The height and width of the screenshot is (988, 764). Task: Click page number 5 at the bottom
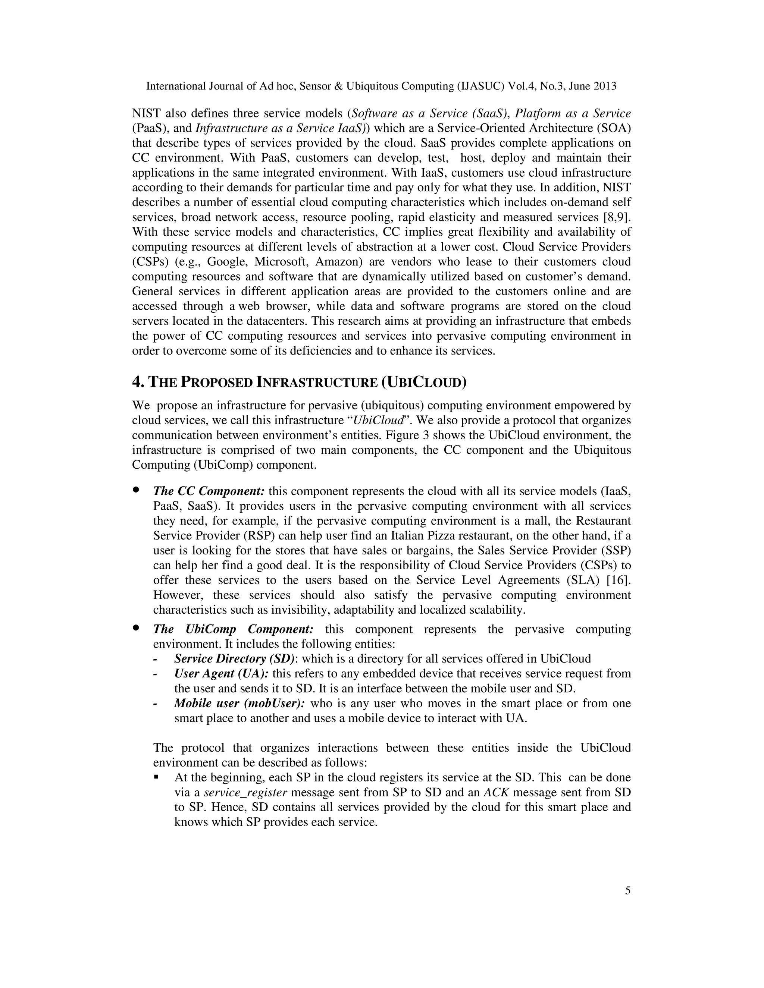pyautogui.click(x=627, y=891)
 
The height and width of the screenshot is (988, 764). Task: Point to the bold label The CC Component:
pyautogui.click(x=209, y=491)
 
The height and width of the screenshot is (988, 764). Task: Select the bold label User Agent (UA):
pyautogui.click(x=222, y=674)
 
